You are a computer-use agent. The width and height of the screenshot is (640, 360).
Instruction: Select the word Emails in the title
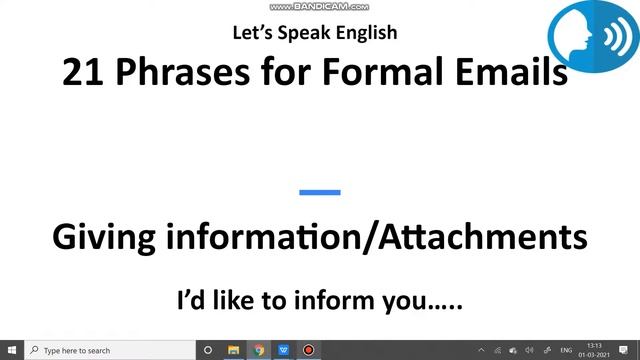point(500,71)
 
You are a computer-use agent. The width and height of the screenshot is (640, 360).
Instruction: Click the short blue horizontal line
point(320,192)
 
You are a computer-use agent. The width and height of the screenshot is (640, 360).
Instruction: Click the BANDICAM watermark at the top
point(319,6)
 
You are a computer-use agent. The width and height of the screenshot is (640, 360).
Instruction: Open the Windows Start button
point(11,350)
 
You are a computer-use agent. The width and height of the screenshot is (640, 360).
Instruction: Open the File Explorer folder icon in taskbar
point(234,350)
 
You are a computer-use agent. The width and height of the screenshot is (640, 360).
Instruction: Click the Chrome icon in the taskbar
point(259,350)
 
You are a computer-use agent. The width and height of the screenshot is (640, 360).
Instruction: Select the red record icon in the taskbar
point(309,350)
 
